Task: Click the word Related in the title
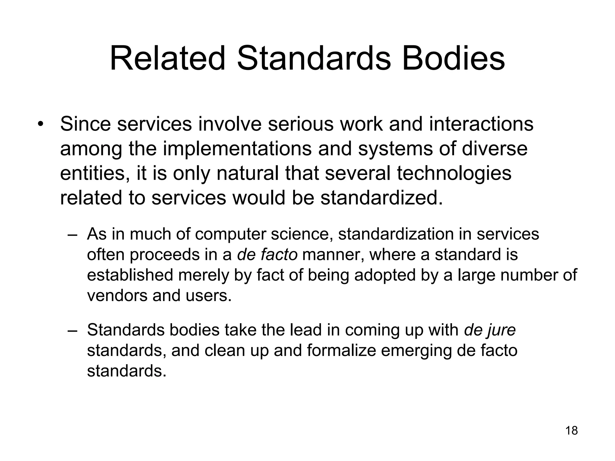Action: (x=168, y=58)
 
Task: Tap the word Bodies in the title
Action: (x=453, y=58)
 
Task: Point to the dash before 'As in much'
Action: (x=73, y=235)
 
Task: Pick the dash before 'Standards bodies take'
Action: (x=73, y=330)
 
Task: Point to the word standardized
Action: (x=382, y=198)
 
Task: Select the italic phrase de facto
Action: (x=267, y=255)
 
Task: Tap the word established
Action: (x=130, y=275)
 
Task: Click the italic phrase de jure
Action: (x=490, y=330)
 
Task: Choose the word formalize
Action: (x=341, y=350)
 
